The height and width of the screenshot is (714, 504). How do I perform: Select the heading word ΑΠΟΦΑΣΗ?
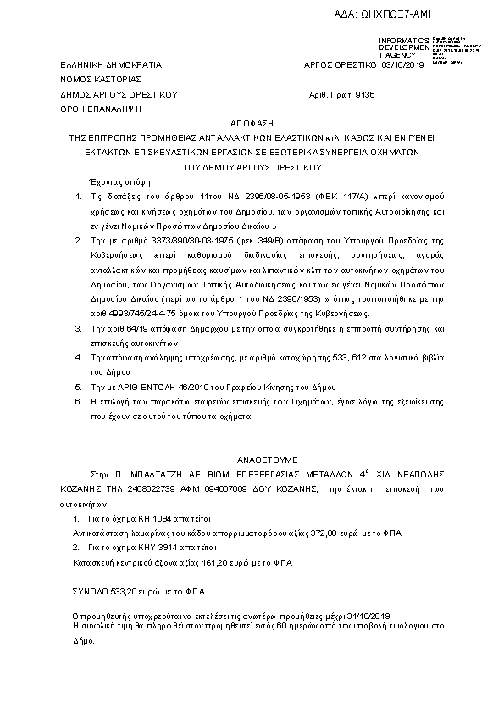coord(252,122)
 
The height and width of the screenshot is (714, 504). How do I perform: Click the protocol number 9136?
coord(363,94)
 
